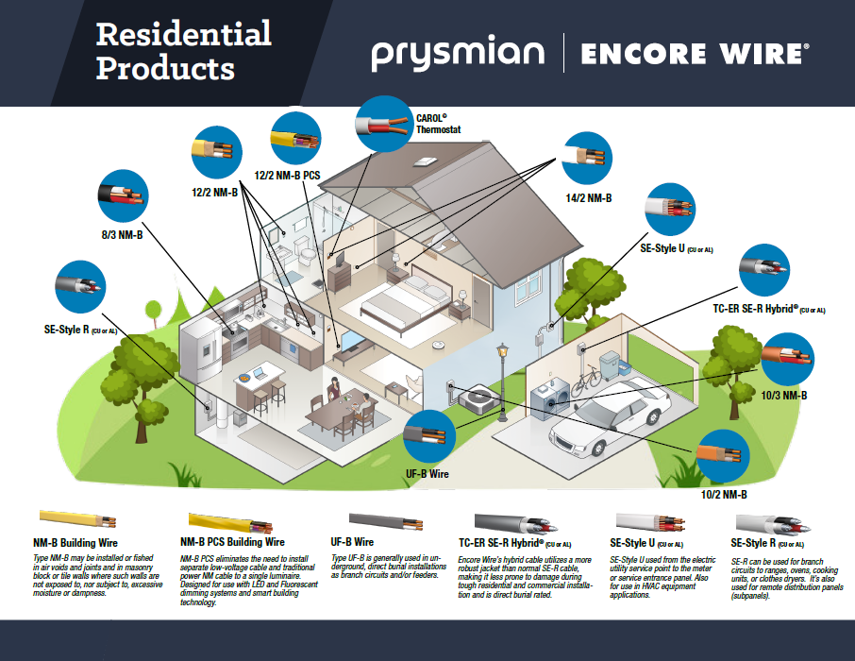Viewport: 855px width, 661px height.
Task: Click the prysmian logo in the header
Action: (457, 54)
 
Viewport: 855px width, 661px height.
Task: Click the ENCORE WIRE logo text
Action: (694, 54)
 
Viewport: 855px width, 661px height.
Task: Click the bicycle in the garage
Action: (585, 379)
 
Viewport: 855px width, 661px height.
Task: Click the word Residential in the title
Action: (184, 35)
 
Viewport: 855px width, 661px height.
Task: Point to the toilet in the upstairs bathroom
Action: (303, 248)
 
